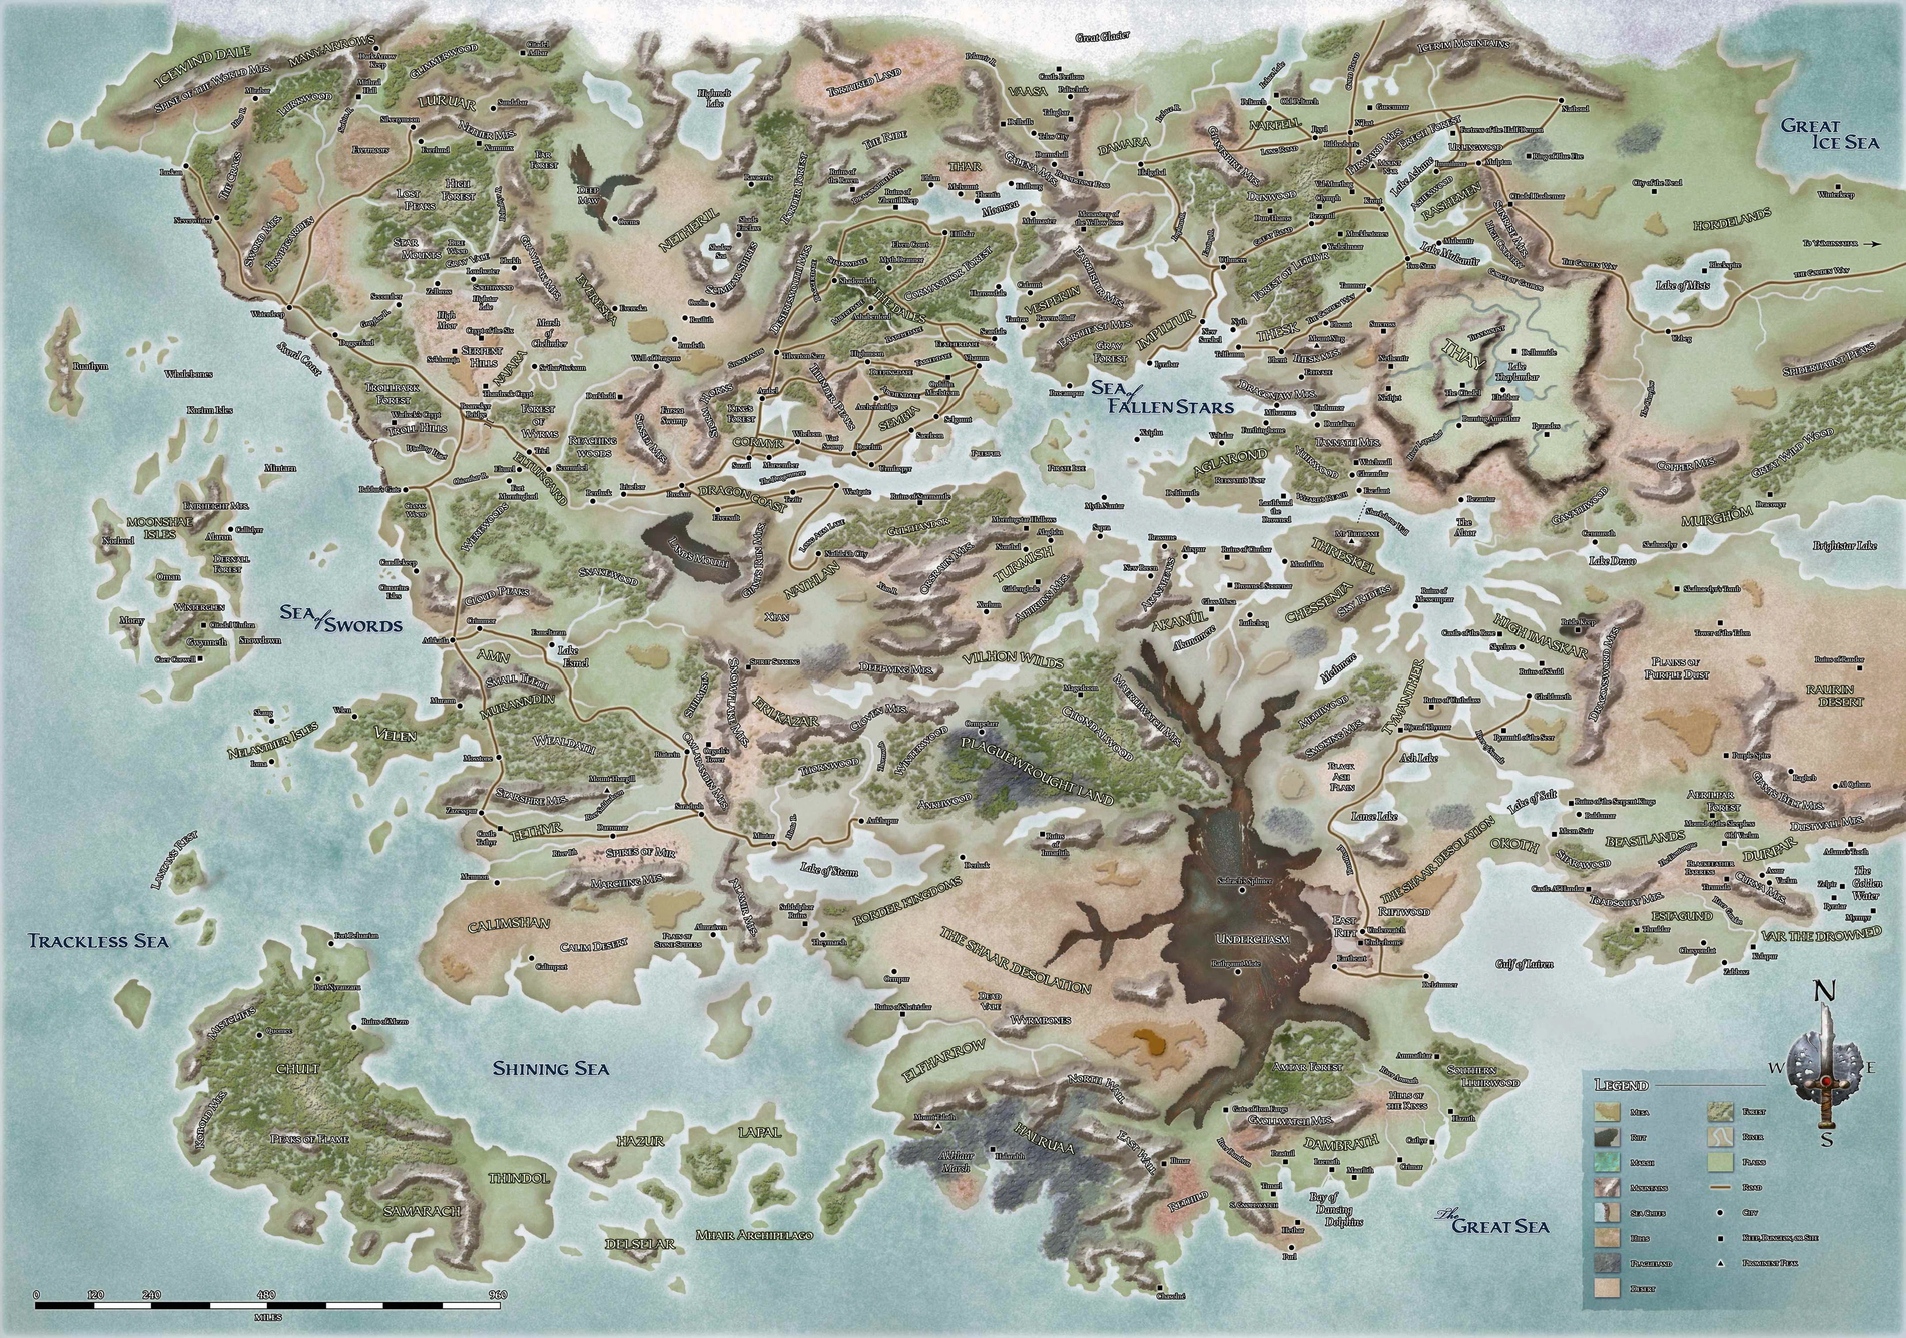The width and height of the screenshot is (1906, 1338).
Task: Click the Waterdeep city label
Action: click(x=267, y=314)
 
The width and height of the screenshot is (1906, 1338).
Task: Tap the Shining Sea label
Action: click(x=551, y=1068)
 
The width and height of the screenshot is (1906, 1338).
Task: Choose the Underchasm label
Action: click(x=1253, y=939)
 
